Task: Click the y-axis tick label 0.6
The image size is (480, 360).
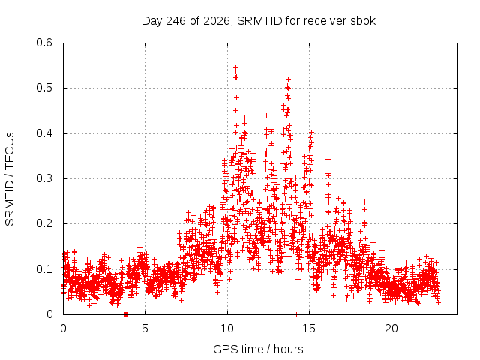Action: (x=44, y=43)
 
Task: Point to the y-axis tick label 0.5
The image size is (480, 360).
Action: (x=44, y=88)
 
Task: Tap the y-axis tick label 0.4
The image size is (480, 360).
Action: (x=44, y=133)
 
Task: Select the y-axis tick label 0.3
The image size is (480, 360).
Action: (x=44, y=178)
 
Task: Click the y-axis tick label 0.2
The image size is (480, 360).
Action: (x=44, y=223)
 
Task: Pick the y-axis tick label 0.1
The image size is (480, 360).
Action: (x=44, y=269)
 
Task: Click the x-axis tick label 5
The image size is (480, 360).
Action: (x=145, y=328)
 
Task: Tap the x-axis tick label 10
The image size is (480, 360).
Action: (x=227, y=328)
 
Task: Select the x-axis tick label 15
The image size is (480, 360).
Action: (x=309, y=328)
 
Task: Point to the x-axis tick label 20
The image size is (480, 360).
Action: (x=391, y=328)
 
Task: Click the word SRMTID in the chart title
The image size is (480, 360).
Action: (x=259, y=21)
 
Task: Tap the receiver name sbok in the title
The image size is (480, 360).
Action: (x=364, y=21)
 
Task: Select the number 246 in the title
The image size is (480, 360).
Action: (x=175, y=21)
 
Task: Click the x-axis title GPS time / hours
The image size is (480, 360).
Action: (x=258, y=349)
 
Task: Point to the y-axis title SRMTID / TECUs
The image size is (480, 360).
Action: (x=10, y=178)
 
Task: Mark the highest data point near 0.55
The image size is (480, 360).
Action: (x=235, y=67)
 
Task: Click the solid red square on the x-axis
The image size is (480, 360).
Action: (x=125, y=314)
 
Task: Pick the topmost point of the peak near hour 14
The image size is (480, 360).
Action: (x=288, y=79)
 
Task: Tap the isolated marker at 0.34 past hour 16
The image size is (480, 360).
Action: (x=328, y=159)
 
